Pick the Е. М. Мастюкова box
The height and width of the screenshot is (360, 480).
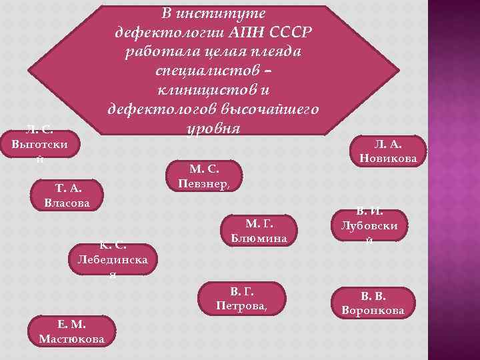click(72, 332)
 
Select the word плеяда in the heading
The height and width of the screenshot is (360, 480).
click(273, 52)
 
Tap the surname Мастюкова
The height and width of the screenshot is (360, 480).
click(72, 339)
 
